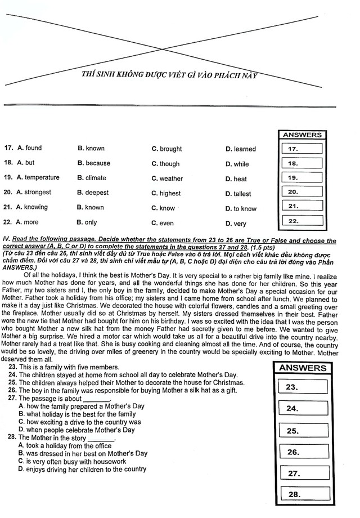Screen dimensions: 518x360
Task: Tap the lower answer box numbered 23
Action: [303, 387]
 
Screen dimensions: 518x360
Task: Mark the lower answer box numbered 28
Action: [303, 494]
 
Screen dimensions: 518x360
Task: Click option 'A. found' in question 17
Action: [29, 148]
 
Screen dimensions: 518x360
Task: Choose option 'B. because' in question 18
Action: [94, 163]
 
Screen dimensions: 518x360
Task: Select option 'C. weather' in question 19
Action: [167, 178]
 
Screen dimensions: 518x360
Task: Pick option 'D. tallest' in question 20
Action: [238, 194]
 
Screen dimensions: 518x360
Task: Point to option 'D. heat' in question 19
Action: [236, 179]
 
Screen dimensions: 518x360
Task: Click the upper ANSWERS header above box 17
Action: [303, 135]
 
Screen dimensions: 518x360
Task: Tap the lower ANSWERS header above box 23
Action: [303, 368]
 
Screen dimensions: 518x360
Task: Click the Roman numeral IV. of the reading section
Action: [7, 239]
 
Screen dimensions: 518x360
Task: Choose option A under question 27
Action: [81, 406]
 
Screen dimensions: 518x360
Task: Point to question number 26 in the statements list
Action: [12, 390]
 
